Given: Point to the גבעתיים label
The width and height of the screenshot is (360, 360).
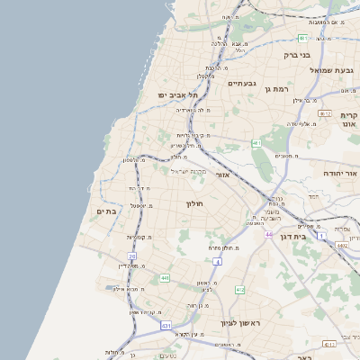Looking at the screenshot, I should [x=242, y=83].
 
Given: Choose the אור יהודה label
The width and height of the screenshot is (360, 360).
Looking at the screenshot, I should [x=341, y=170].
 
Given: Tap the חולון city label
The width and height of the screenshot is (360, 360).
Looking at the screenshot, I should [x=196, y=204].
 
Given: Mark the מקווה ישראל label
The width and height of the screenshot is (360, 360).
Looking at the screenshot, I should [x=189, y=171].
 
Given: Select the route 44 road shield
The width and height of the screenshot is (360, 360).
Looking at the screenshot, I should [x=268, y=235].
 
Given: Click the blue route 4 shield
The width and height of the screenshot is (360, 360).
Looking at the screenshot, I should [x=217, y=261].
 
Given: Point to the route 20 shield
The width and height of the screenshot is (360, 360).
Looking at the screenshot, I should [x=132, y=256].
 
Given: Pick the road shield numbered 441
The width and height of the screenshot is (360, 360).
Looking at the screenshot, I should [x=165, y=279].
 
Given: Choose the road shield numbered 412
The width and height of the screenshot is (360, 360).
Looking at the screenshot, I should [x=239, y=290].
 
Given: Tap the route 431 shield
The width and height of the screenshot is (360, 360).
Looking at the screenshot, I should [x=166, y=324].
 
